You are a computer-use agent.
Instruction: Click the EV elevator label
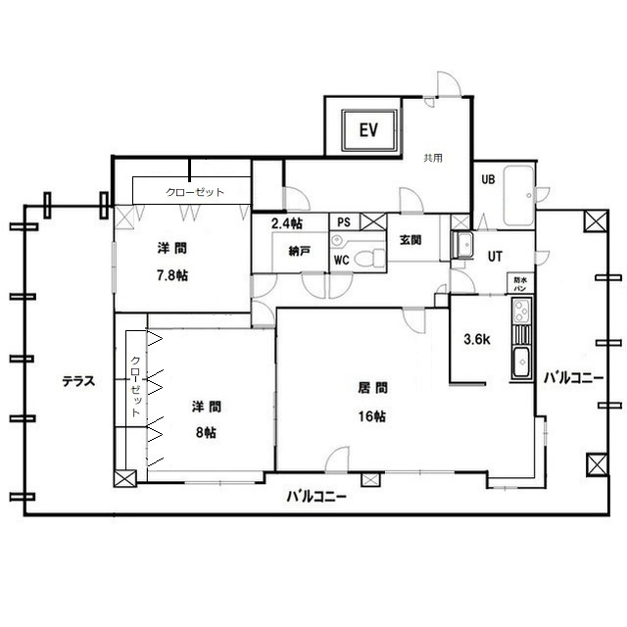point(368,130)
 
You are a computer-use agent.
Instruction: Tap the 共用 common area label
point(433,158)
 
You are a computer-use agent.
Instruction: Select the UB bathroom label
point(488,179)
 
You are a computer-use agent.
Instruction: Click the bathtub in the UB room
point(518,196)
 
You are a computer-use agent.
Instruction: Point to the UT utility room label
point(495,257)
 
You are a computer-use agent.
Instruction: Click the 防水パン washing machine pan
point(520,283)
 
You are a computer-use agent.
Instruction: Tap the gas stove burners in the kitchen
point(520,311)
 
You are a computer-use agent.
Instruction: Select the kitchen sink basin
point(521,362)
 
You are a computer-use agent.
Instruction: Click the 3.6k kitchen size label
point(477,340)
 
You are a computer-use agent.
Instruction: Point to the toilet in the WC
point(369,257)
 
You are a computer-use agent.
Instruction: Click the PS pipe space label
point(344,222)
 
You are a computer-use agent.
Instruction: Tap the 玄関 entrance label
point(410,240)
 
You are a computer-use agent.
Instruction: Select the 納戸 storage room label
point(300,251)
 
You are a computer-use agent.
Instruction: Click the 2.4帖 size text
point(287,223)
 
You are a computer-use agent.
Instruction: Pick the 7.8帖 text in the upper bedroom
point(172,275)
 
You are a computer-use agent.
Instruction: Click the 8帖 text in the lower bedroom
point(206,432)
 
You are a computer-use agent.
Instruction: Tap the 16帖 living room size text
point(372,416)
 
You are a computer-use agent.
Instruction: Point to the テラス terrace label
point(78,381)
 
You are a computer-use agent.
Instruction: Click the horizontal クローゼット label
point(195,192)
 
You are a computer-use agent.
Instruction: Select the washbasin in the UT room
point(462,244)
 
